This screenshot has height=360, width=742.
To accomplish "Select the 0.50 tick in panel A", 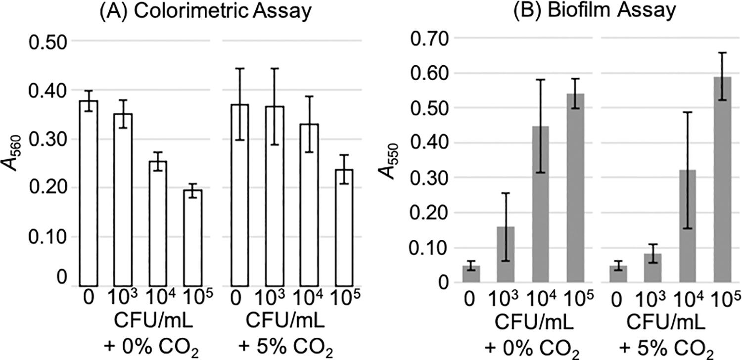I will tap(47, 42).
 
